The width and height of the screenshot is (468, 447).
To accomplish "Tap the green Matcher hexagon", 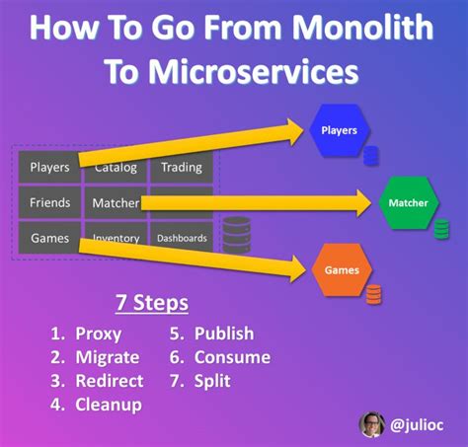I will point(408,203).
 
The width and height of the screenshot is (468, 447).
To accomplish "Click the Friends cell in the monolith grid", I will point(49,202).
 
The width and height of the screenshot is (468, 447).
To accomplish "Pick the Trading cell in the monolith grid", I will point(181,167).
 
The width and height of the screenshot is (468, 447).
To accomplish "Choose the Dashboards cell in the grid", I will point(181,238).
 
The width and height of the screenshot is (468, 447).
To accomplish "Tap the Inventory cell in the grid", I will point(116,239).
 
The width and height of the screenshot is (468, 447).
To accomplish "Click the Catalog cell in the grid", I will point(116,167).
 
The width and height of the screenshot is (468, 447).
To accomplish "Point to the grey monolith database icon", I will point(236,235).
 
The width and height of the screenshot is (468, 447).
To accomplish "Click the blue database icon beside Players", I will point(371,155).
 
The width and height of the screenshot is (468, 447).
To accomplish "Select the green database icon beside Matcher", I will point(441,229).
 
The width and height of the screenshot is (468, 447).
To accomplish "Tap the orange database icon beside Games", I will point(373,293).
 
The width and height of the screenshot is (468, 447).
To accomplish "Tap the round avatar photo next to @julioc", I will point(372,423).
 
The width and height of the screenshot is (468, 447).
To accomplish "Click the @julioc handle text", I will point(418,424).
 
